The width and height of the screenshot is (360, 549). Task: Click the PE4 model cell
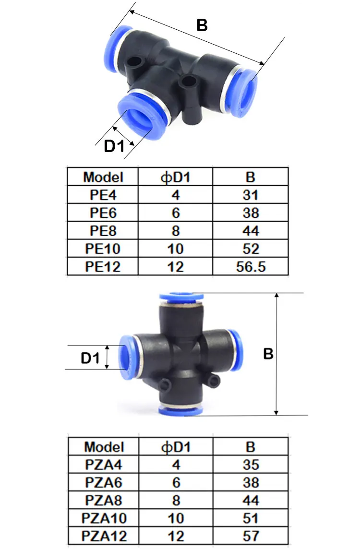click(103, 195)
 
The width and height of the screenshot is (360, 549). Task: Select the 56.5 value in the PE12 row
click(251, 267)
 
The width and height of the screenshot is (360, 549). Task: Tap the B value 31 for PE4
click(251, 195)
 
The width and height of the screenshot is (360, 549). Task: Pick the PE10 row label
click(103, 249)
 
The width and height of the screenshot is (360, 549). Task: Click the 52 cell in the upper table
click(251, 249)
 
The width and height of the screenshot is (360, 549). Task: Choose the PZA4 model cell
click(104, 465)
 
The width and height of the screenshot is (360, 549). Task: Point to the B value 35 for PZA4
click(251, 465)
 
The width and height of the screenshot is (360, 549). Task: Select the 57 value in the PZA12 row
click(251, 536)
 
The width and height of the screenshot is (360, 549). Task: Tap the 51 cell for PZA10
click(251, 518)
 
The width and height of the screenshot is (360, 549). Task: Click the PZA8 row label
click(104, 501)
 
